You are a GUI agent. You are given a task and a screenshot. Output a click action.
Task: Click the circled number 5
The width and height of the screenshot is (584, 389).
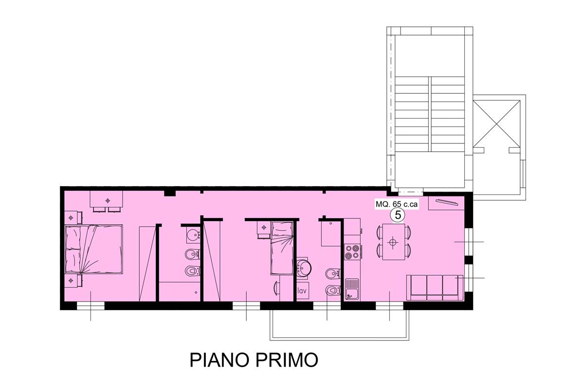[398, 214]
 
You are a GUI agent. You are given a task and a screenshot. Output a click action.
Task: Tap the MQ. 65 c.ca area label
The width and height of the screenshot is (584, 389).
[397, 205]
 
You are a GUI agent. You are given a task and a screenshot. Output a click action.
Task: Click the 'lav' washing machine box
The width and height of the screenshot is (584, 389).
[302, 291]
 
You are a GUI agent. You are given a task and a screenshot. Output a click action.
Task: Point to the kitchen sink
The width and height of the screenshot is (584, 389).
[352, 289]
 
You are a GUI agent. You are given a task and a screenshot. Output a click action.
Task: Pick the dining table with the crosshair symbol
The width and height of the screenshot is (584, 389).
[393, 242]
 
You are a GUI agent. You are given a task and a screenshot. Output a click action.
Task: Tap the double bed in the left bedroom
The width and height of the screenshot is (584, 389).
[94, 249]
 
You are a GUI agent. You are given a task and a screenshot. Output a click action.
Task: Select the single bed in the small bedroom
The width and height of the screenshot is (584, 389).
[283, 248]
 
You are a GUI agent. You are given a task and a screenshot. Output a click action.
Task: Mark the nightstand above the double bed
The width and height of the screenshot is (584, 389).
[72, 216]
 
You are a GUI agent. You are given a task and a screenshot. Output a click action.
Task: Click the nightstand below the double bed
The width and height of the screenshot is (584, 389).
[72, 281]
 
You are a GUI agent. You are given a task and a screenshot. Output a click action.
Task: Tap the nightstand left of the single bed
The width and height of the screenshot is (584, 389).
[263, 228]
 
